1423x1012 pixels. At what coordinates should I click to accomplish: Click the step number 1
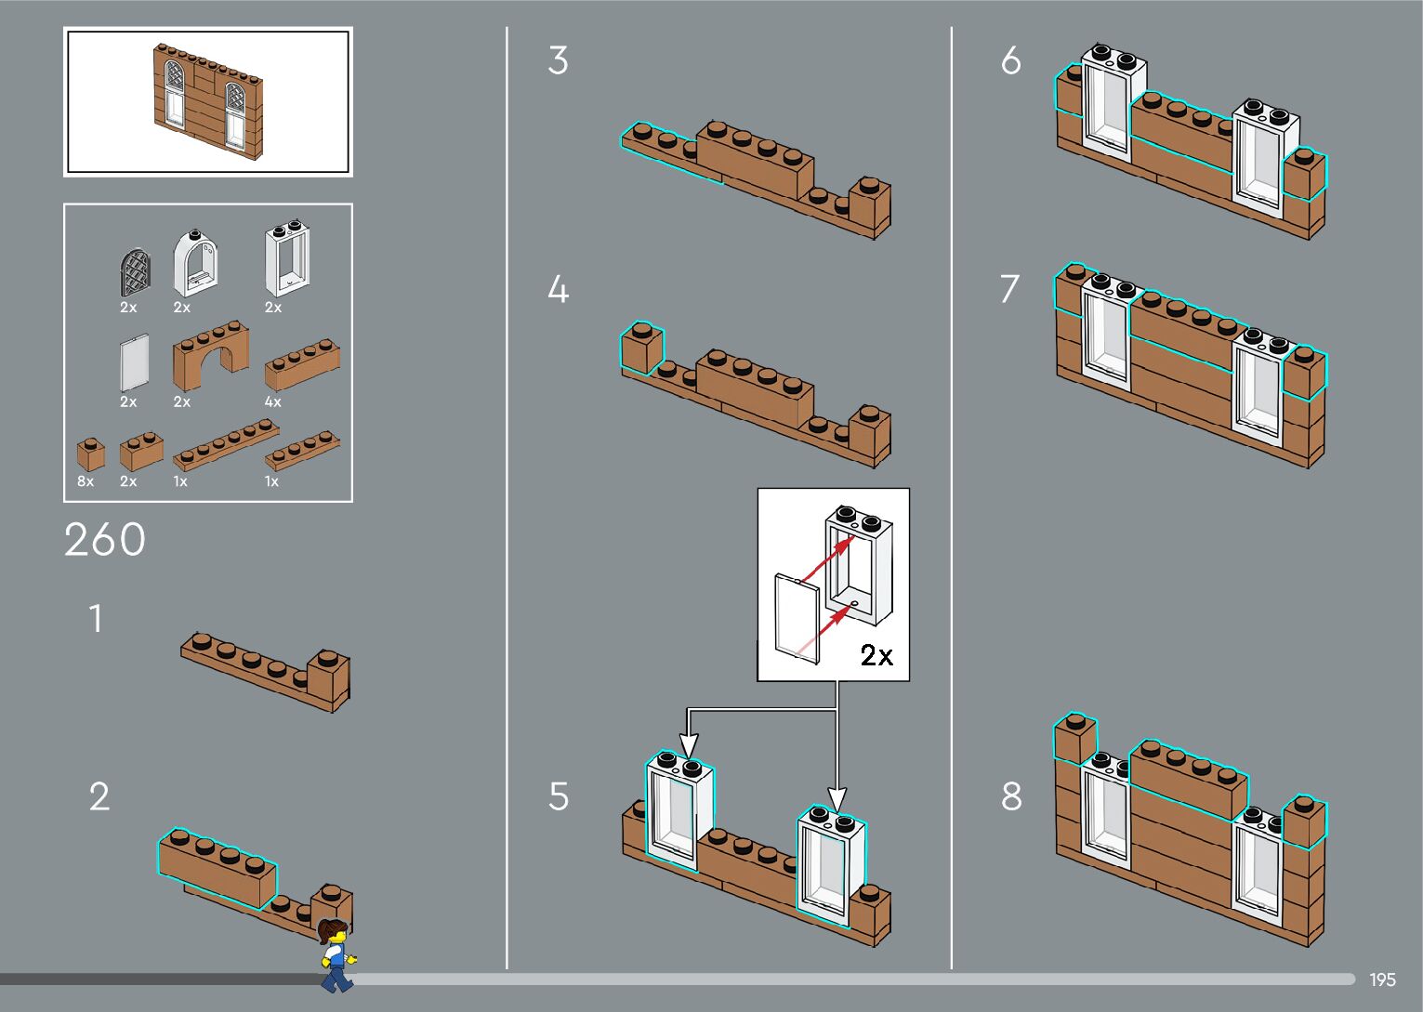point(95,619)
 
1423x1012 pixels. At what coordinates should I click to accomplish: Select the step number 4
point(558,290)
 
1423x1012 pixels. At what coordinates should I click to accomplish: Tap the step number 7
point(1010,289)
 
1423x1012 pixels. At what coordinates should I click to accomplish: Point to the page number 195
point(1382,979)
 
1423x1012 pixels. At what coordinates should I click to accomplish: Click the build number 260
point(105,540)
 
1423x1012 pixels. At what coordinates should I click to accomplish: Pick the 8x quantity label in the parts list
point(86,481)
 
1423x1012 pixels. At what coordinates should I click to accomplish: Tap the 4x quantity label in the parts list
point(272,401)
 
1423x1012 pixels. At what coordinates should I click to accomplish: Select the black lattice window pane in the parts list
point(135,272)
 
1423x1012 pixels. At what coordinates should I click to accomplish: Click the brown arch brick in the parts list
point(211,356)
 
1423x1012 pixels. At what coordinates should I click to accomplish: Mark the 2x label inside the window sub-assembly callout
point(876,656)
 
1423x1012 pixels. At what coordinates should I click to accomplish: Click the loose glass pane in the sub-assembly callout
point(797,619)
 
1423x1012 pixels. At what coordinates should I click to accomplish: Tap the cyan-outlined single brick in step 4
point(641,348)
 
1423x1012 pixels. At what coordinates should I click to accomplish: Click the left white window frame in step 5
point(676,810)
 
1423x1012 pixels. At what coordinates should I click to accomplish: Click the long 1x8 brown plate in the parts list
point(226,444)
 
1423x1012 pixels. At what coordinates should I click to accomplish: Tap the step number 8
point(1011,796)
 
